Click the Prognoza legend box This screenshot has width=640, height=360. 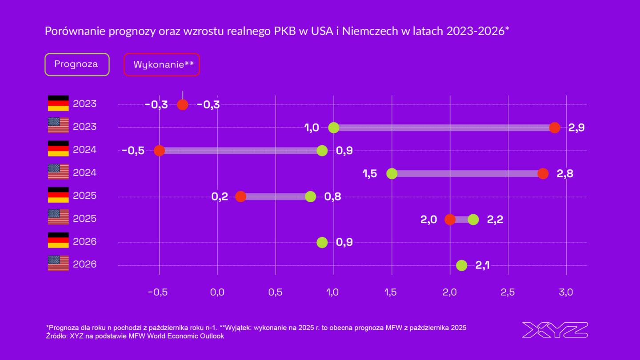[x=76, y=64]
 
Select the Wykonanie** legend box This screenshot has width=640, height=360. [x=161, y=65]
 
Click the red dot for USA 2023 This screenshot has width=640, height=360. [x=554, y=128]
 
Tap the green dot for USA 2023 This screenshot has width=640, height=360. [x=334, y=128]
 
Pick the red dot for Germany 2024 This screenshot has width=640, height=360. [x=159, y=151]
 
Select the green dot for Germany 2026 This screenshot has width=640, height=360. [x=322, y=242]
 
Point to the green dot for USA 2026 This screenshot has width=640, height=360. [x=462, y=265]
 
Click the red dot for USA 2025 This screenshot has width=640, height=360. [x=450, y=220]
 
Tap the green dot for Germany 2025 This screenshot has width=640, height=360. [x=311, y=196]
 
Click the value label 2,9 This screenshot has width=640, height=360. [x=576, y=128]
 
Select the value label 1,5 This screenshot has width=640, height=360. [x=370, y=174]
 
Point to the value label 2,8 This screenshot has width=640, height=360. [x=564, y=174]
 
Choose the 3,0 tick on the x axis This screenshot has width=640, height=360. [x=566, y=292]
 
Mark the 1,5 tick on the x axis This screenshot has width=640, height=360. [x=391, y=292]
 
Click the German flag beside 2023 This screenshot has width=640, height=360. [x=58, y=103]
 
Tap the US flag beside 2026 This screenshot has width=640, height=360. [x=58, y=264]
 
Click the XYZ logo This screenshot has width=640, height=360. [x=555, y=330]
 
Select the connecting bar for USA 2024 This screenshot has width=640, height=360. [x=467, y=174]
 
